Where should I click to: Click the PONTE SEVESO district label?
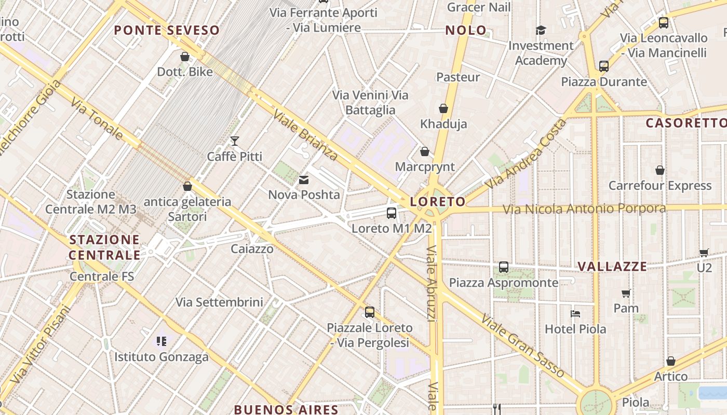click(167, 30)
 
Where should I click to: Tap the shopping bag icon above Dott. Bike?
click(185, 57)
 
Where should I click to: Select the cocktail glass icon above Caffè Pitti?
click(235, 141)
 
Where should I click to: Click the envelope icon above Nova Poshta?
click(304, 180)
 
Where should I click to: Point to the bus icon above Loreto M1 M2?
click(392, 213)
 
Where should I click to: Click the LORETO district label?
click(438, 202)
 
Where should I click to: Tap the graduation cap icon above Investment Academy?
click(541, 30)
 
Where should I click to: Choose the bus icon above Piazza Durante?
click(603, 66)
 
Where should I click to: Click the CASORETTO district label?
click(685, 123)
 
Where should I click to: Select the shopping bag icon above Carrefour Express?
click(660, 170)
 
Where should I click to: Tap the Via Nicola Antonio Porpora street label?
click(584, 209)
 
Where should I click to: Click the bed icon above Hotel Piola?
click(575, 313)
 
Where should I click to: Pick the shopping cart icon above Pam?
click(626, 293)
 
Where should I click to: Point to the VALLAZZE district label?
click(612, 267)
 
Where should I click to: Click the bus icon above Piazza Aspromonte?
click(504, 267)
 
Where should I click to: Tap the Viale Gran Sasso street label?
click(522, 345)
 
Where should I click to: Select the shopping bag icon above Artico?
click(671, 361)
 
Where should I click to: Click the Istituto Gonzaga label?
click(161, 357)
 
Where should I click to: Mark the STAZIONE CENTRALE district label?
click(104, 247)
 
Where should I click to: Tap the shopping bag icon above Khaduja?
click(443, 108)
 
